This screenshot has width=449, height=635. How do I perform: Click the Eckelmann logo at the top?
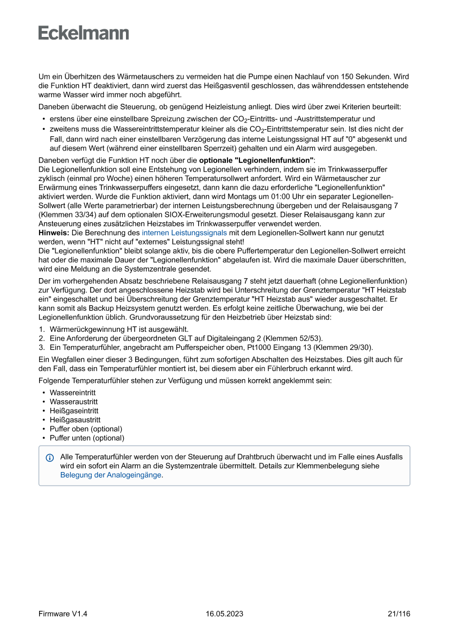pyautogui.click(x=84, y=33)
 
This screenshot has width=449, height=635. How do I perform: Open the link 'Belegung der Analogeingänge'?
pyautogui.click(x=111, y=475)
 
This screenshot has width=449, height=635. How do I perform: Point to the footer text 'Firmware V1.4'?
pyautogui.click(x=63, y=614)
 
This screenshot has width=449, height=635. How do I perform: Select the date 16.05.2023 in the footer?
pyautogui.click(x=224, y=614)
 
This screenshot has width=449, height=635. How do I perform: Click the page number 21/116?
pyautogui.click(x=399, y=614)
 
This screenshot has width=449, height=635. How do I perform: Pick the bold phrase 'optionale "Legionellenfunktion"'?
pyautogui.click(x=256, y=161)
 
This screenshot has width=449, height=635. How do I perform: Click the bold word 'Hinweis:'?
pyautogui.click(x=54, y=232)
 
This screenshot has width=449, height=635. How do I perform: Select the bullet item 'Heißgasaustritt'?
pyautogui.click(x=75, y=419)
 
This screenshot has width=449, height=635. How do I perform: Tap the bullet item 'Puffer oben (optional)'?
pyautogui.click(x=86, y=429)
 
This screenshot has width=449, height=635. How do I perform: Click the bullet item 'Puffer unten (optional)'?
pyautogui.click(x=87, y=438)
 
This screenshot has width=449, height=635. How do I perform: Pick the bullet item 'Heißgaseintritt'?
pyautogui.click(x=74, y=411)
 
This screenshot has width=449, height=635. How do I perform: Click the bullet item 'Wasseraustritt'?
pyautogui.click(x=74, y=401)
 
